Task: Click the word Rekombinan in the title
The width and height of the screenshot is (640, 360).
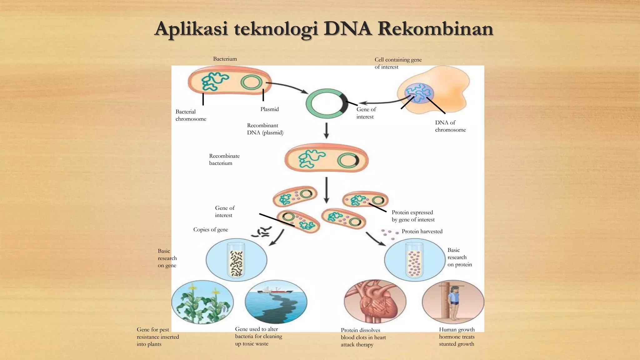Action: click(435, 29)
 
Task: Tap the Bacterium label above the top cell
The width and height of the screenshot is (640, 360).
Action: click(225, 59)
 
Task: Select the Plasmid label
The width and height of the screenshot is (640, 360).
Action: click(269, 109)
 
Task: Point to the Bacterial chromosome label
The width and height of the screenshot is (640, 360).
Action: click(191, 115)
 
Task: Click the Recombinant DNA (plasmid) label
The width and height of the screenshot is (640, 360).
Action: click(265, 129)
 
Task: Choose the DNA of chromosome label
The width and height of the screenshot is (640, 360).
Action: click(450, 126)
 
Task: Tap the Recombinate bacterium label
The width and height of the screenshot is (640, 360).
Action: click(224, 159)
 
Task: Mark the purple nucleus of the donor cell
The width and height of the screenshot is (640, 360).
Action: click(419, 93)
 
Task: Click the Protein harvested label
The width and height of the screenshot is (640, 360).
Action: click(422, 232)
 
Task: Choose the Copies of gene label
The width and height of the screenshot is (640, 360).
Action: click(211, 230)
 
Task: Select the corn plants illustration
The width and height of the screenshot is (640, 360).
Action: click(202, 302)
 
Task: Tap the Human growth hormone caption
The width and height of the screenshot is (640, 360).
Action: click(457, 337)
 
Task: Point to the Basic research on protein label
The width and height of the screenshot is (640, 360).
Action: click(459, 257)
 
